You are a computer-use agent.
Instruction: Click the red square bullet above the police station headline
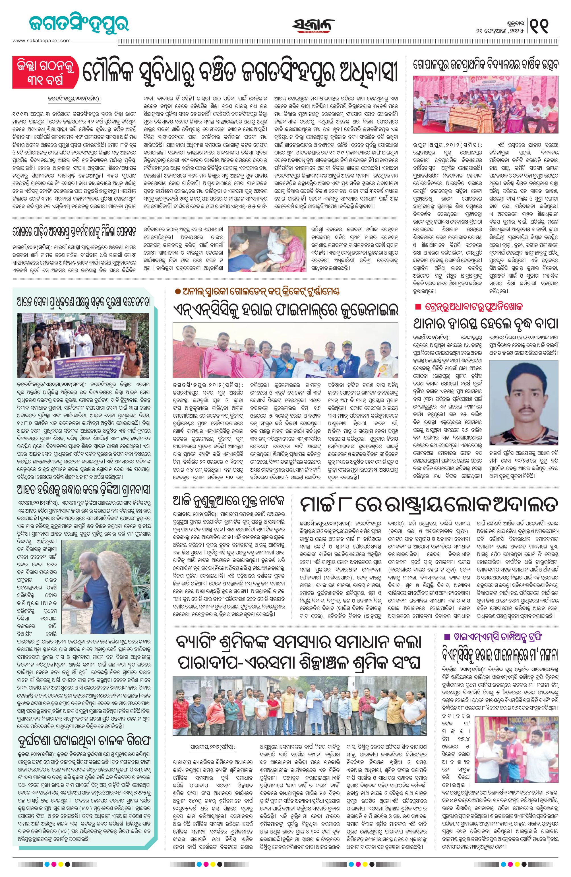[x=417, y=307]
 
